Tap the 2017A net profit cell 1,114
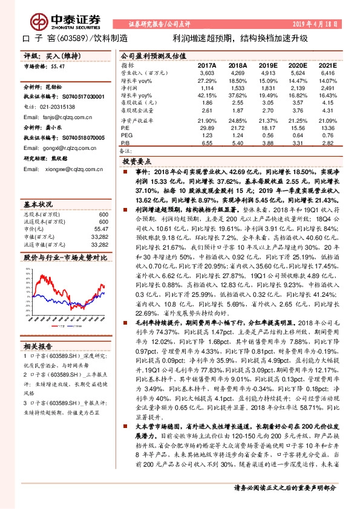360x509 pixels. point(207,88)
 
